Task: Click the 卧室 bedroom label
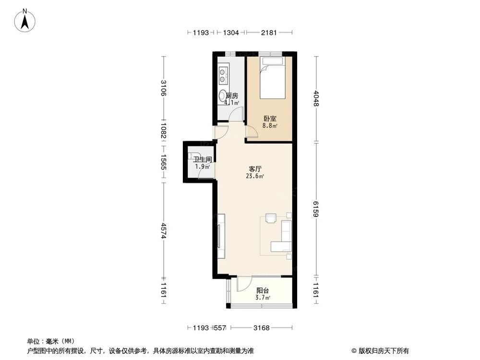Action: click(269, 119)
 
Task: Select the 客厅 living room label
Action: click(255, 169)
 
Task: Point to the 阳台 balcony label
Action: click(263, 290)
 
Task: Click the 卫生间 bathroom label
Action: click(203, 159)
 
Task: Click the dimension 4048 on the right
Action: click(316, 99)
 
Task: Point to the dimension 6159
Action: click(316, 209)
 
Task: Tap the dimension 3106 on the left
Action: click(164, 88)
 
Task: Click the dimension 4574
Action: click(164, 230)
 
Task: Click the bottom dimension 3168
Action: click(262, 328)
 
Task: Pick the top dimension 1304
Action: click(231, 33)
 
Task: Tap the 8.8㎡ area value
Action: click(269, 126)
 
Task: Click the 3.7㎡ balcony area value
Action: click(263, 298)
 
